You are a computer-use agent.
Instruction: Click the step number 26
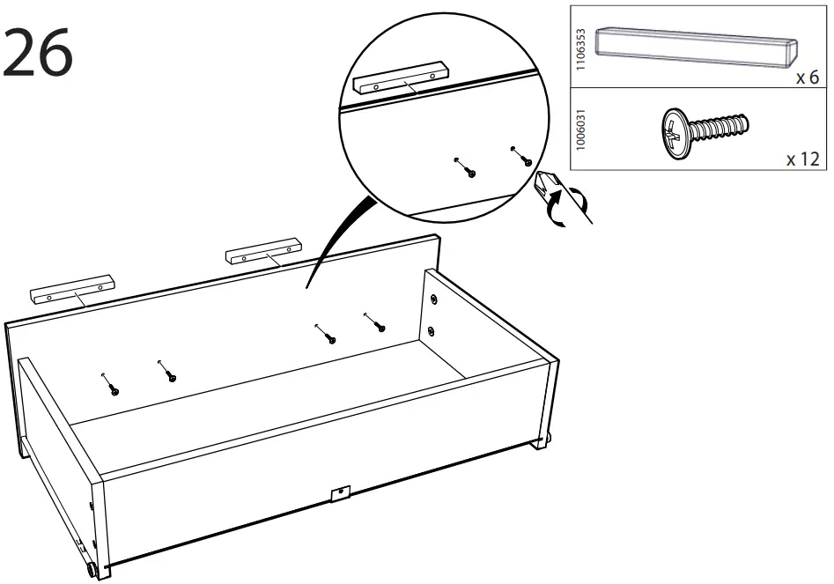pos(40,53)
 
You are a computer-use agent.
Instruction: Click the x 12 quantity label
pos(801,159)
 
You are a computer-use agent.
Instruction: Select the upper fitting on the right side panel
pos(433,299)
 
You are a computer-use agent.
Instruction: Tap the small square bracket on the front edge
pos(340,495)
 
